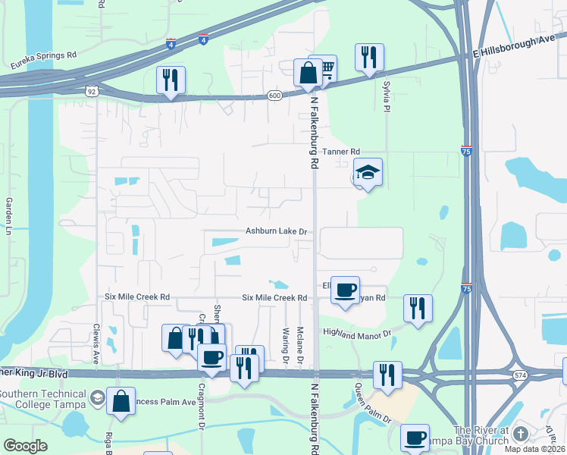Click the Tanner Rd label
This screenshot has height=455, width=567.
[341, 152]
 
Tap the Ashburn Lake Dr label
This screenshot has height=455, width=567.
[275, 231]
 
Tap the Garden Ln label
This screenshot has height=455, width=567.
[9, 215]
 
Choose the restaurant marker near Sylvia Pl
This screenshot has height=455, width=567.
[369, 57]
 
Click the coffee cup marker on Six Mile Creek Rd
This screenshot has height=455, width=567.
[345, 290]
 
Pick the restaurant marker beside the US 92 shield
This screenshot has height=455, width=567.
[171, 80]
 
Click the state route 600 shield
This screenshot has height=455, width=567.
[274, 95]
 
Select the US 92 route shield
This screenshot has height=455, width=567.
[91, 90]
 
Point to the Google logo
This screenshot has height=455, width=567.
[25, 445]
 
